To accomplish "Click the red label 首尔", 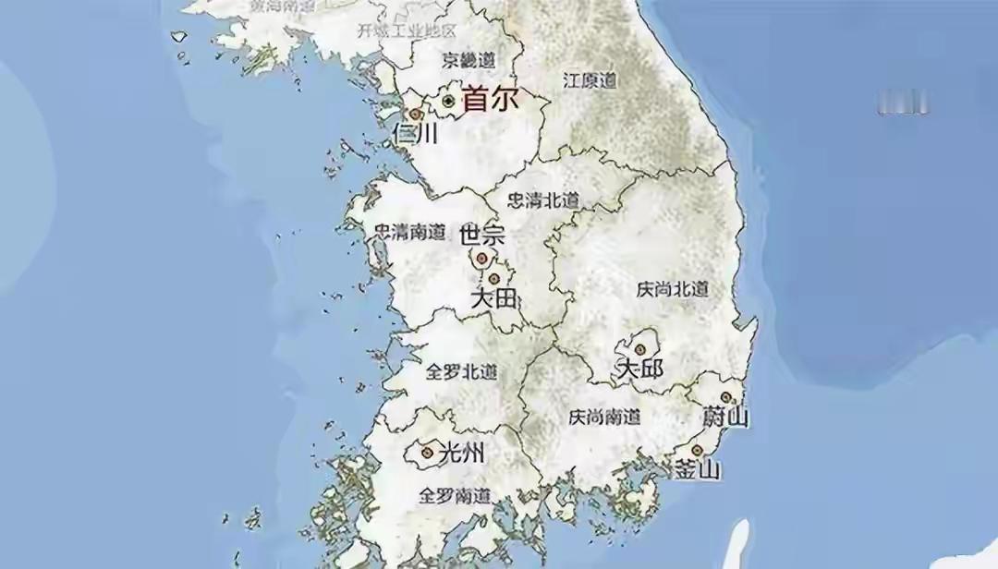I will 491,99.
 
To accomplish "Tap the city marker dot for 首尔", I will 449,100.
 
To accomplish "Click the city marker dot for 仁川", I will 416,115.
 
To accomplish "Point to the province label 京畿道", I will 468,60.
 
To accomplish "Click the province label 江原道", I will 590,80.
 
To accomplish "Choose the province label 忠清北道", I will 543,200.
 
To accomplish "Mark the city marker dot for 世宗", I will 481,259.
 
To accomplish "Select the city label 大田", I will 493,298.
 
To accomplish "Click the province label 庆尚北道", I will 673,289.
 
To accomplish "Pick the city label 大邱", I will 639,369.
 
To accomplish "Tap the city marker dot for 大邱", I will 639,349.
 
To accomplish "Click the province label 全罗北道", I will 461,372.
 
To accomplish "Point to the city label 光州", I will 460,454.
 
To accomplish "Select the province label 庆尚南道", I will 604,417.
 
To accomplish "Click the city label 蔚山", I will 725,417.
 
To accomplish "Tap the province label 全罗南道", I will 455,495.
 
